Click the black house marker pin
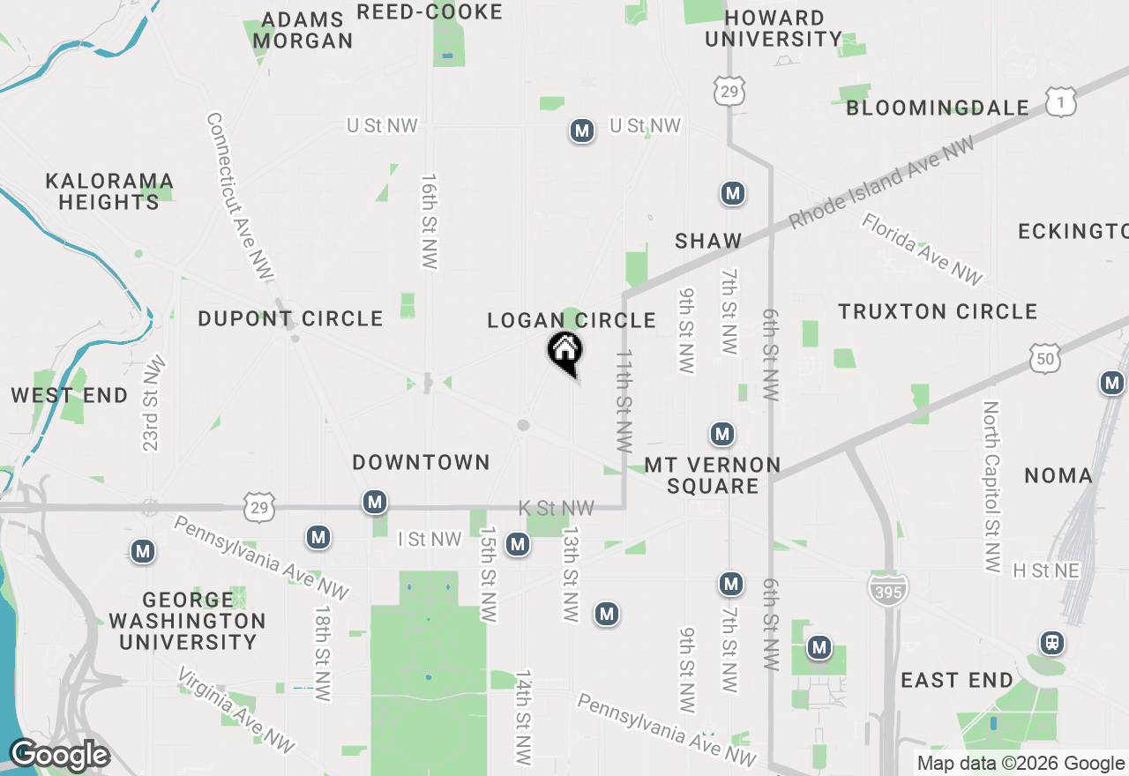[564, 352]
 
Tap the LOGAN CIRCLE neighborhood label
[572, 320]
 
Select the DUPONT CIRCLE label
[290, 318]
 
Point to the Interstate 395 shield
[887, 590]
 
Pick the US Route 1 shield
[1061, 101]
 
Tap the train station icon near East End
[1051, 643]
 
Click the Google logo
[59, 756]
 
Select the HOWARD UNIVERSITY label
[774, 28]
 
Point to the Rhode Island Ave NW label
[882, 183]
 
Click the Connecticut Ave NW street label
[238, 197]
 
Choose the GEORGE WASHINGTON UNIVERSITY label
[187, 621]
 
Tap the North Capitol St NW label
[991, 486]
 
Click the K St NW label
[556, 508]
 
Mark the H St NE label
[1046, 571]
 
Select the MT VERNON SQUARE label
[713, 475]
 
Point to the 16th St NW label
[430, 220]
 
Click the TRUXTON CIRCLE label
[938, 311]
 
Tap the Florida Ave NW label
[922, 249]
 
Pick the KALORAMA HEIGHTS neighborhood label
[109, 191]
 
